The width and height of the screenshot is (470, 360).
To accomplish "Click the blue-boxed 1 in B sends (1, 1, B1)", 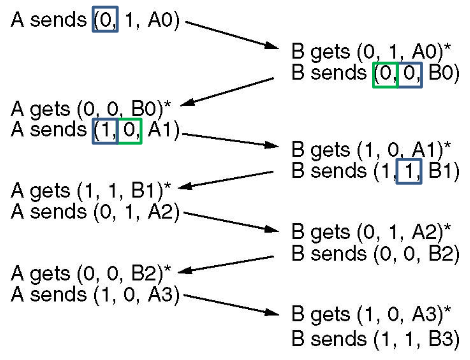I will coord(410,170).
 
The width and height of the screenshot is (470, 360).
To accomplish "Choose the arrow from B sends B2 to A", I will coord(230,262).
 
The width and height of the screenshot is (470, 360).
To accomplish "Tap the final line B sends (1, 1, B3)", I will coord(375,337).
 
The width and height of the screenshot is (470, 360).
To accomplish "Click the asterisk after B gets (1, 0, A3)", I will coord(447,310).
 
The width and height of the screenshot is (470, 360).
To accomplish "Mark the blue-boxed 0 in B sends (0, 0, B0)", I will coord(410,73).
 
